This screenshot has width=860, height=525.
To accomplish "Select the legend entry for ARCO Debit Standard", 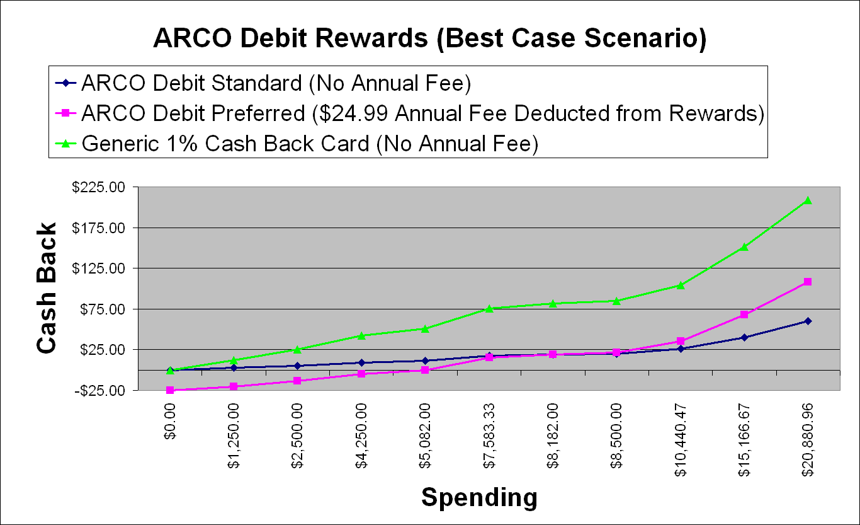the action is pyautogui.click(x=263, y=83).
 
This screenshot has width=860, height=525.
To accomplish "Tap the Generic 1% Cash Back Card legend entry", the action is pyautogui.click(x=297, y=143).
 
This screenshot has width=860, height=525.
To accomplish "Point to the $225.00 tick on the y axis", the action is pyautogui.click(x=99, y=187).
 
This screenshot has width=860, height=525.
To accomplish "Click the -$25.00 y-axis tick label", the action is pyautogui.click(x=100, y=391).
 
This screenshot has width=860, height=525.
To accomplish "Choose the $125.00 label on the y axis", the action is pyautogui.click(x=99, y=268).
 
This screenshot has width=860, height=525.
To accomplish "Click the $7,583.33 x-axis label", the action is pyautogui.click(x=489, y=436).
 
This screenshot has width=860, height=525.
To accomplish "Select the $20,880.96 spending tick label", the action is pyautogui.click(x=807, y=440).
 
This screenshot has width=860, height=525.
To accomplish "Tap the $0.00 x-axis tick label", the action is pyautogui.click(x=169, y=421).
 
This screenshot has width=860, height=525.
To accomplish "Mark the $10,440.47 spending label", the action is pyautogui.click(x=680, y=440).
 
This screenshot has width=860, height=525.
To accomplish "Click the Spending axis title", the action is pyautogui.click(x=480, y=497).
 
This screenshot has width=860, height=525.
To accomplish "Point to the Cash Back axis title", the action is pyautogui.click(x=47, y=287).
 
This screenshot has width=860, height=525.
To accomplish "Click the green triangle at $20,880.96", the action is pyautogui.click(x=807, y=200).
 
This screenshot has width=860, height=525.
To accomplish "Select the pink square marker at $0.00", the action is pyautogui.click(x=170, y=390).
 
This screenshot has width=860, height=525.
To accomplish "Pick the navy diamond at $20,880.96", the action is pyautogui.click(x=807, y=321).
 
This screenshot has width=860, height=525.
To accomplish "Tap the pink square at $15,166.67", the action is pyautogui.click(x=744, y=314).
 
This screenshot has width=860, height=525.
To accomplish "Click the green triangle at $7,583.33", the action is pyautogui.click(x=489, y=308).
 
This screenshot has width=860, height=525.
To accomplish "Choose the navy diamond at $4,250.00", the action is pyautogui.click(x=361, y=362).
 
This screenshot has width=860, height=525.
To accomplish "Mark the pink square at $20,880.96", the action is pyautogui.click(x=807, y=282).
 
